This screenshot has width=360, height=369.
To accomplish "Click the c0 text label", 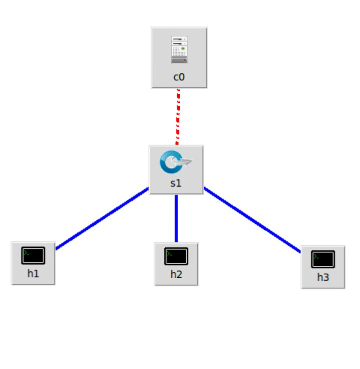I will [179, 77].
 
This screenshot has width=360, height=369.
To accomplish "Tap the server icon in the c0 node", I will [179, 49].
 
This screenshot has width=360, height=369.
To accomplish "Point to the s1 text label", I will [176, 183].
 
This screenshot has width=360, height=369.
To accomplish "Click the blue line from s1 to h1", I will [102, 218].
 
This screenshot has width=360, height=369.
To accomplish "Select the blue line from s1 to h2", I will [176, 218].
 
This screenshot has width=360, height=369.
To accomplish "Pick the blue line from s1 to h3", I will [252, 220].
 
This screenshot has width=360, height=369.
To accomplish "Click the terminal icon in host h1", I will [33, 255].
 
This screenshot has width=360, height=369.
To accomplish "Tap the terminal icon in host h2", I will [176, 256].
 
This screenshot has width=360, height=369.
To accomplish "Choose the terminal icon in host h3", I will [323, 259].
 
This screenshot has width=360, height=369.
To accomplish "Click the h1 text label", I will [33, 274].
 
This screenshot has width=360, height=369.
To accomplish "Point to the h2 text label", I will [176, 275].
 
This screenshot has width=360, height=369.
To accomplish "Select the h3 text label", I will [323, 278].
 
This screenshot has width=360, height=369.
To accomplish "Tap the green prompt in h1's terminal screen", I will [26, 252].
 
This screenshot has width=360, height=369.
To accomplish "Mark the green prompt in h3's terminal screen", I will [317, 256].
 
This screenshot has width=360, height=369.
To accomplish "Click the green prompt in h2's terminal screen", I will [170, 253].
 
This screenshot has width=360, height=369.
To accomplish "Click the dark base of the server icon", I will [179, 60].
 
